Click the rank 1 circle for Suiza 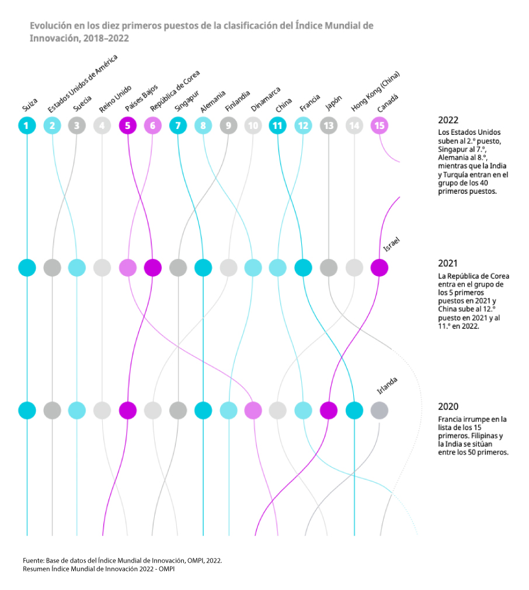(27, 125)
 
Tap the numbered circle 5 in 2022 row (127, 125)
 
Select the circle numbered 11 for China (278, 125)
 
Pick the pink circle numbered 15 (379, 125)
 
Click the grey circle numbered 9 (228, 125)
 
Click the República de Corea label (175, 91)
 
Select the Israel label (391, 245)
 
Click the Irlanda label (387, 386)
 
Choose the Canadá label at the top (388, 103)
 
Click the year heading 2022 (448, 120)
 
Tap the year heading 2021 (448, 263)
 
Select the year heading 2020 (448, 406)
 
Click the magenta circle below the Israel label (379, 268)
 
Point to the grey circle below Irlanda (379, 410)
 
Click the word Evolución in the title (51, 26)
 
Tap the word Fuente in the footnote (33, 560)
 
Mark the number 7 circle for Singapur (178, 125)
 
